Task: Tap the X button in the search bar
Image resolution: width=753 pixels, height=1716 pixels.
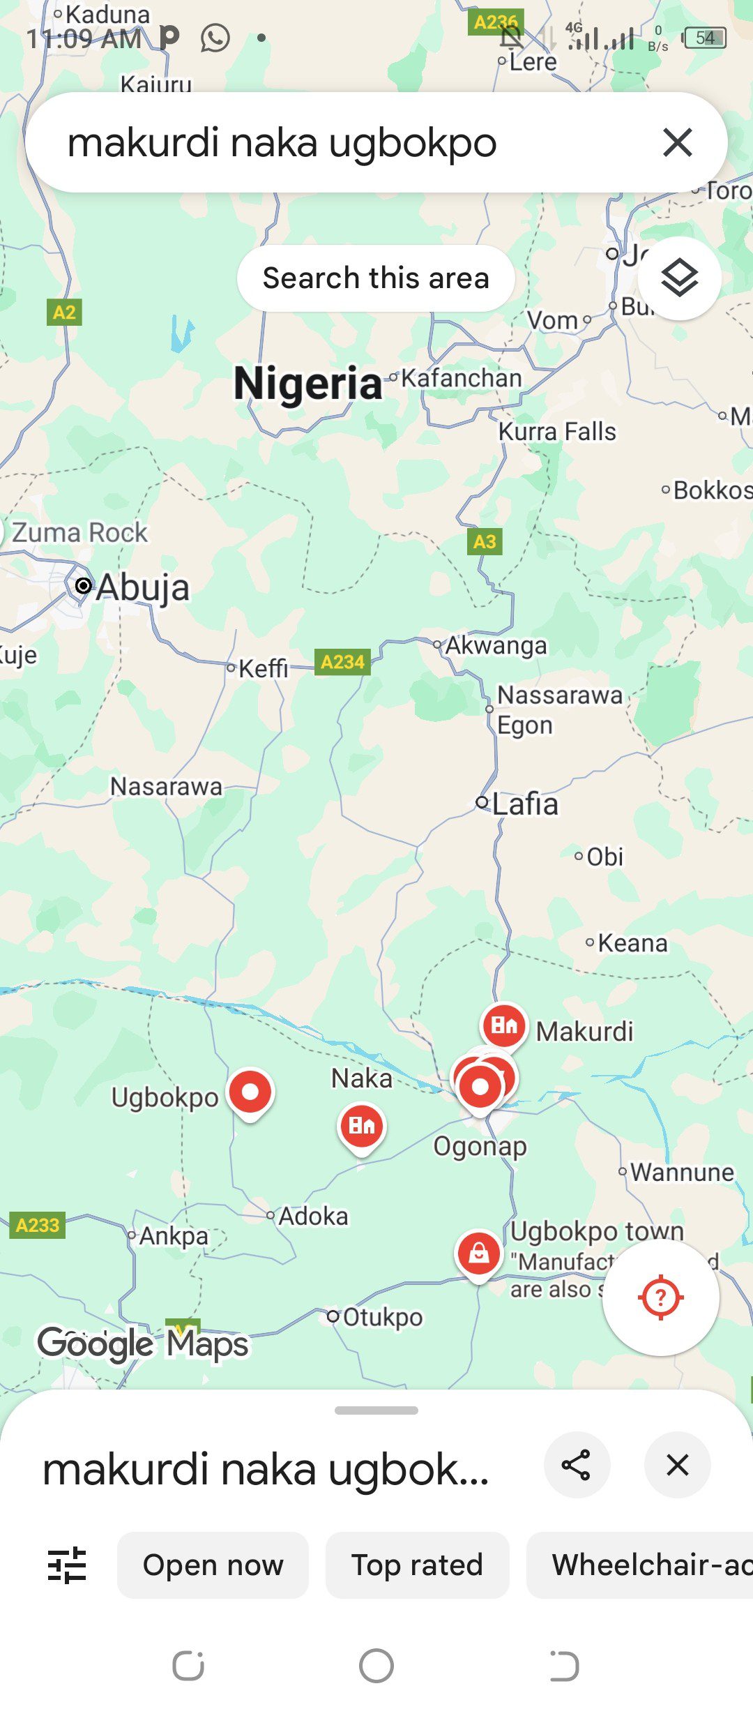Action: click(677, 142)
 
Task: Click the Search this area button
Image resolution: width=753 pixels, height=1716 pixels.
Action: click(376, 278)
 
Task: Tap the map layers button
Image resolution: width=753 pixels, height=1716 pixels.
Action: click(679, 278)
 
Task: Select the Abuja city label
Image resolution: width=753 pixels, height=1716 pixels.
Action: click(142, 587)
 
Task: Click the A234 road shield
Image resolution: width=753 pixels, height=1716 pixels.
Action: click(342, 661)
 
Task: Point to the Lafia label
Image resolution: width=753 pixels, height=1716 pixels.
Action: click(525, 804)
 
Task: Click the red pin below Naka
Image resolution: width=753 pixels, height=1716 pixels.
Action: click(361, 1125)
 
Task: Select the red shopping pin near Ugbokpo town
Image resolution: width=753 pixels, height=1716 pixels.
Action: click(478, 1254)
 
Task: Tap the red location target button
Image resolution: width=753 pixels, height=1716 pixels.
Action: click(660, 1297)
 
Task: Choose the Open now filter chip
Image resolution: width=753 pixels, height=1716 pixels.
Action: click(213, 1565)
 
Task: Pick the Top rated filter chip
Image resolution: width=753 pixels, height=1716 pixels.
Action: click(417, 1565)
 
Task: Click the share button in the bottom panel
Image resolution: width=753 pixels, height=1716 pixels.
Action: click(577, 1465)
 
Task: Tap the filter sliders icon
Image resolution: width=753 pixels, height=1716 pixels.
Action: click(67, 1565)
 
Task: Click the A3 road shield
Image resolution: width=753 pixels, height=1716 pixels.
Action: click(485, 541)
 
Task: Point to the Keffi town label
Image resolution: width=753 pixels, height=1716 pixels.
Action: click(263, 668)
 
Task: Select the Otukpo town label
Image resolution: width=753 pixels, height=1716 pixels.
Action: click(382, 1317)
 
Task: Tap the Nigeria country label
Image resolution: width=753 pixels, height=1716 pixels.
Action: click(307, 384)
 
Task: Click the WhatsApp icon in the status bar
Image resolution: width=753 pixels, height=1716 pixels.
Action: click(215, 38)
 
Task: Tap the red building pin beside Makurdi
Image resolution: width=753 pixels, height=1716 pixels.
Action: click(503, 1025)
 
